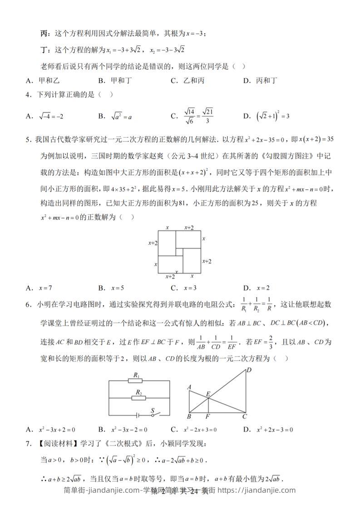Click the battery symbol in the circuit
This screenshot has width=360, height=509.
point(137,414)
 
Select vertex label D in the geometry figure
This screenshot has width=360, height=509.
point(249,371)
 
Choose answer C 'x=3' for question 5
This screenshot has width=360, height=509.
point(184,288)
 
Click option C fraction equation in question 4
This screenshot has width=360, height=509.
point(193,116)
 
